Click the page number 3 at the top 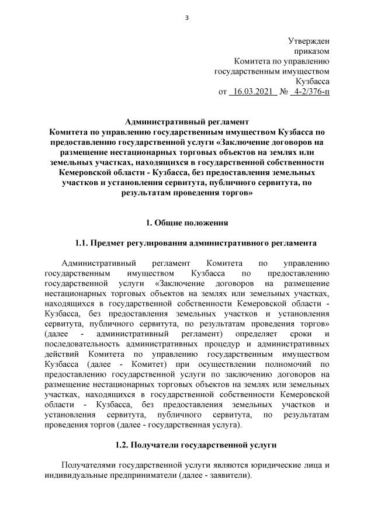tap(187, 17)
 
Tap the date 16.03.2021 tap(253, 92)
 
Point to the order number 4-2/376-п tap(310, 92)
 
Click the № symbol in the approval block tap(282, 92)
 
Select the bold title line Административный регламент tap(187, 121)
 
